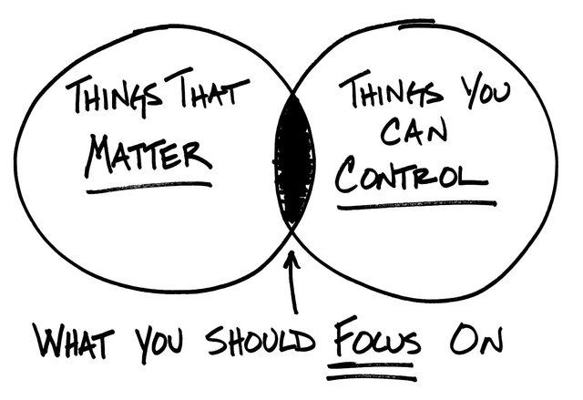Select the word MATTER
[148, 155]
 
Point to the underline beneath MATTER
[148, 188]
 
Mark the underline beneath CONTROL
[417, 205]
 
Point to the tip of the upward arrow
[292, 252]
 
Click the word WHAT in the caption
[74, 339]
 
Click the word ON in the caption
[476, 339]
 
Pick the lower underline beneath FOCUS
[372, 378]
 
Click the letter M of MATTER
[99, 155]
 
